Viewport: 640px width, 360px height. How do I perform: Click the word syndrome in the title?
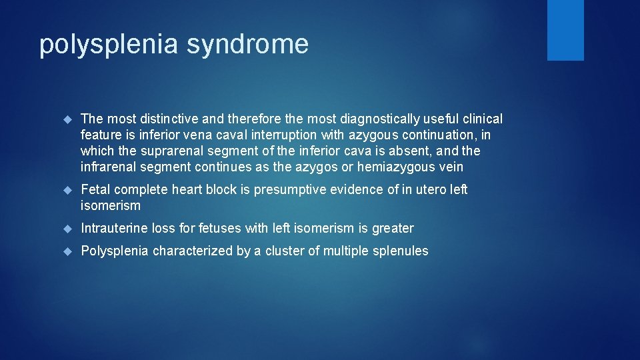(247, 45)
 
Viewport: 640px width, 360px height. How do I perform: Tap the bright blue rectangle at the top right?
(565, 30)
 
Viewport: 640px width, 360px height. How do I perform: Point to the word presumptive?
(283, 190)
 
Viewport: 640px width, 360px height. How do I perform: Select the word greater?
(393, 229)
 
